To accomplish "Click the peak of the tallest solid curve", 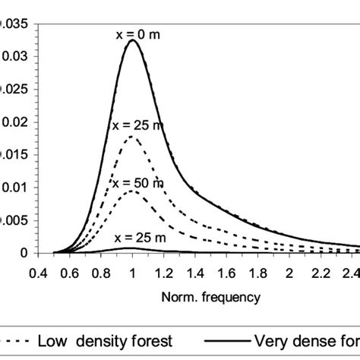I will coord(133,41).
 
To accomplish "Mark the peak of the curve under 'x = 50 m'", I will coord(133,191).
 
